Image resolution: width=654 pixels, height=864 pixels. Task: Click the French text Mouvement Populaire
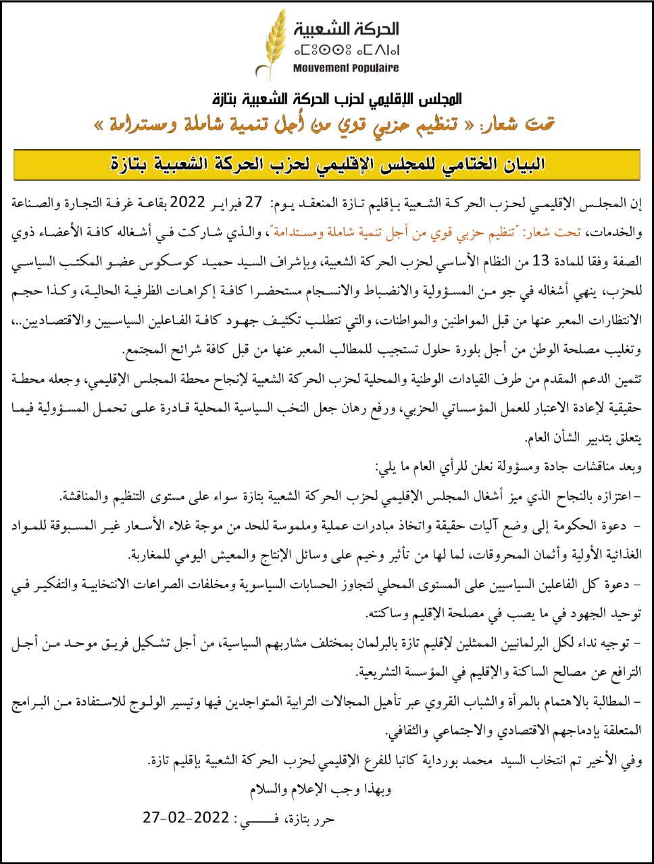(346, 67)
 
